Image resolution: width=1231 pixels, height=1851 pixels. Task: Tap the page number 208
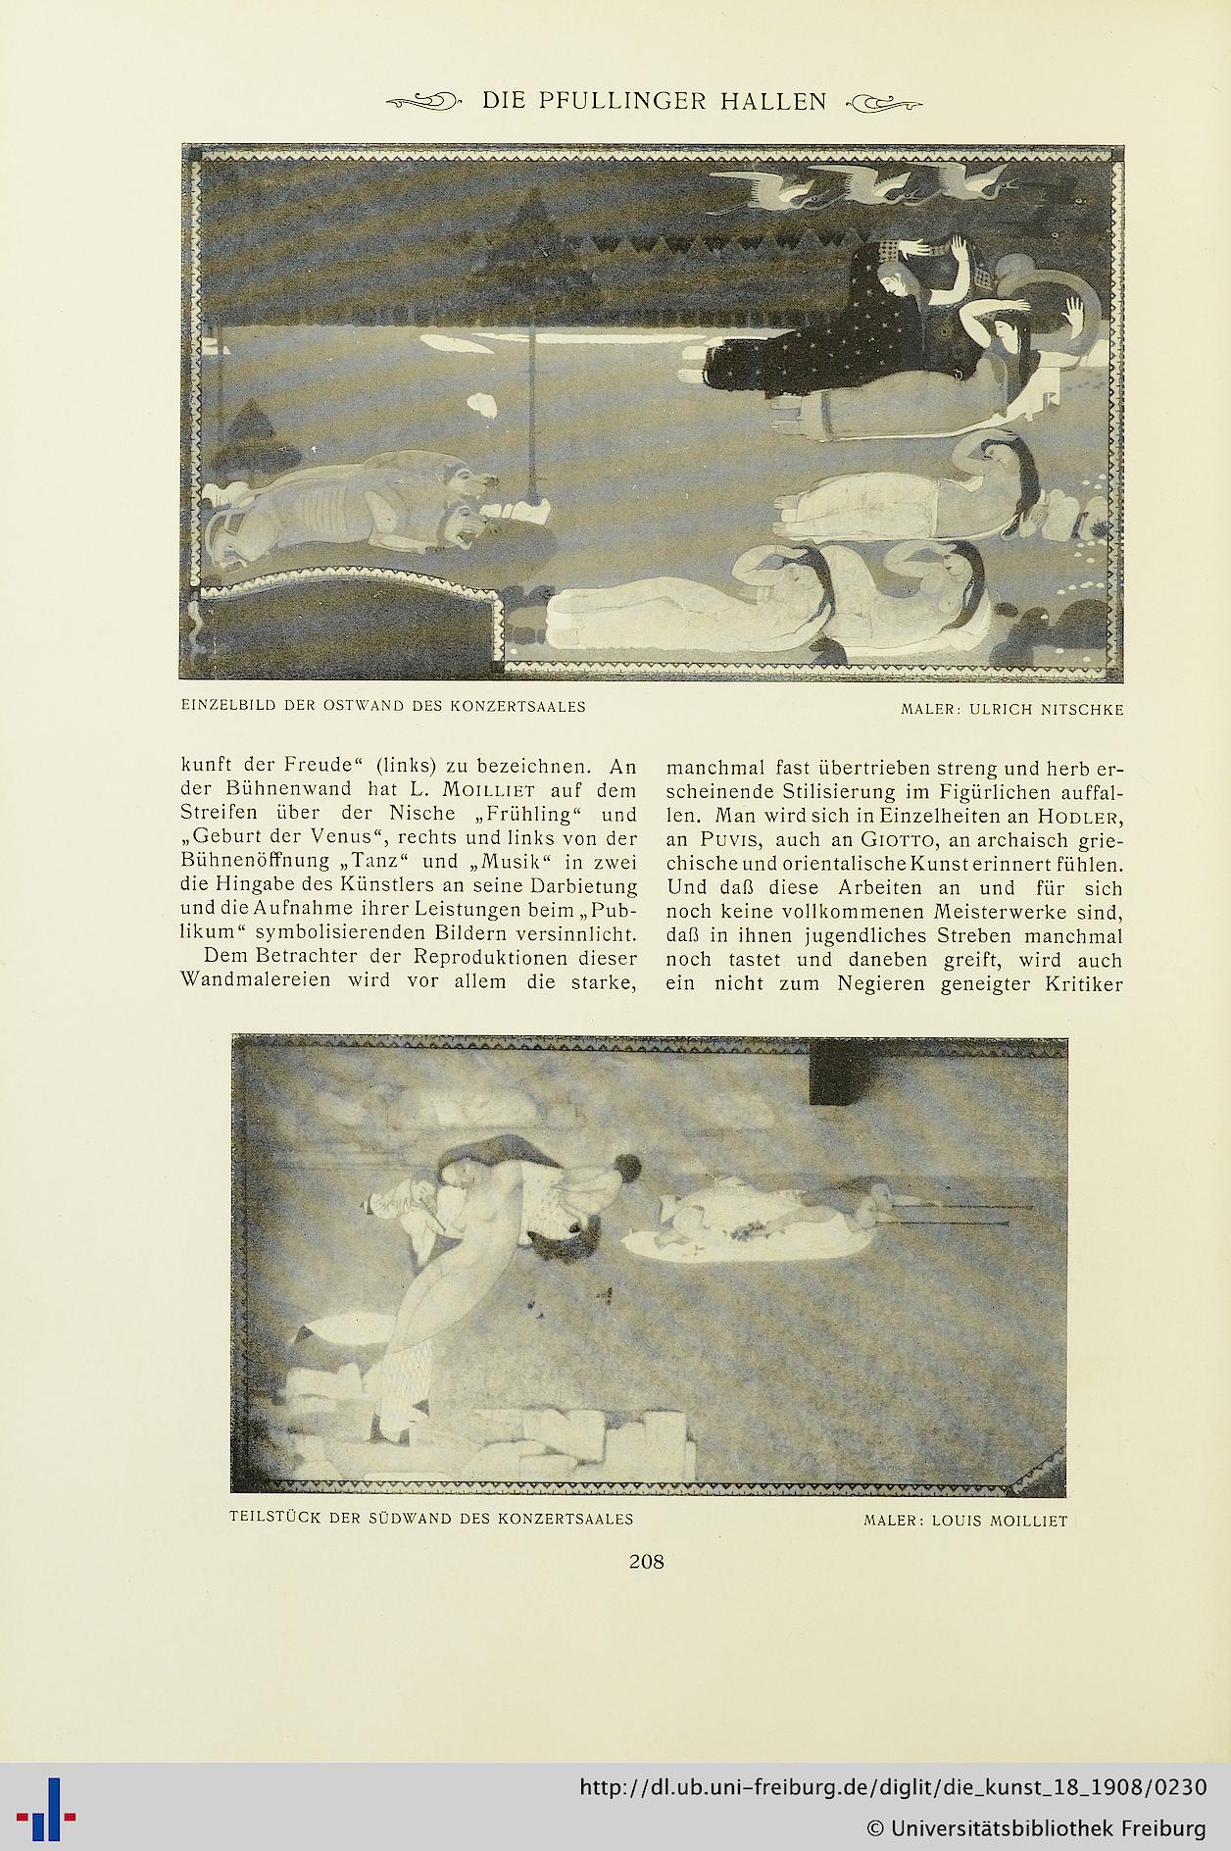point(646,1561)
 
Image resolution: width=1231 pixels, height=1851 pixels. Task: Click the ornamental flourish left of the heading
point(423,100)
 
